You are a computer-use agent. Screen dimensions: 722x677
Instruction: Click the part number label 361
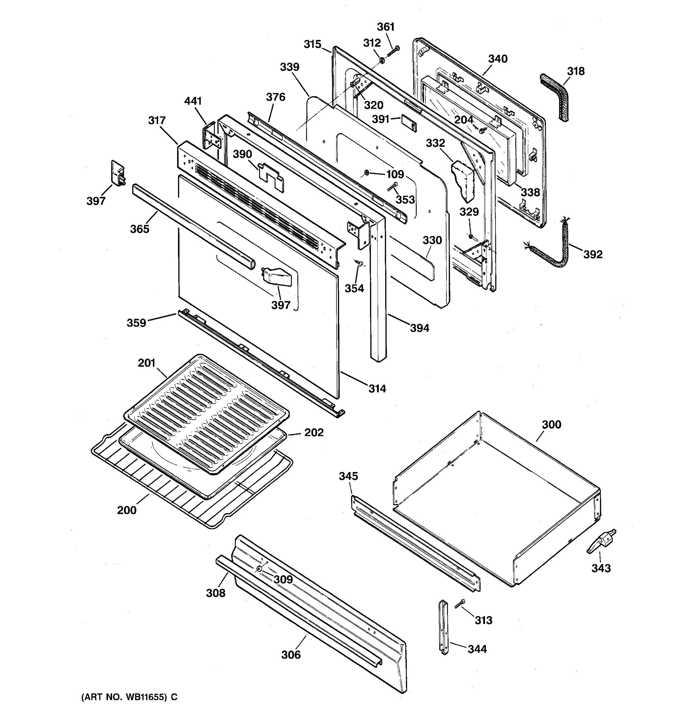pos(385,27)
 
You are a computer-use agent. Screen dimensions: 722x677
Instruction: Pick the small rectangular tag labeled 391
pos(409,123)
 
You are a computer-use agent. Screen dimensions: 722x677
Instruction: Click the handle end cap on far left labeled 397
pos(117,172)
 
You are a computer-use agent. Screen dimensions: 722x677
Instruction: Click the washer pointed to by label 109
pos(366,172)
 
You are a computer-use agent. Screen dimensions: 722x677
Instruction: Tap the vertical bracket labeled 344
pos(444,628)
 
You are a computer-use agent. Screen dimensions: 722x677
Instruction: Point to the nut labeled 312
pos(382,60)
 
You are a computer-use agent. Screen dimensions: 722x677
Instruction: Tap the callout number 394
pos(419,328)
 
